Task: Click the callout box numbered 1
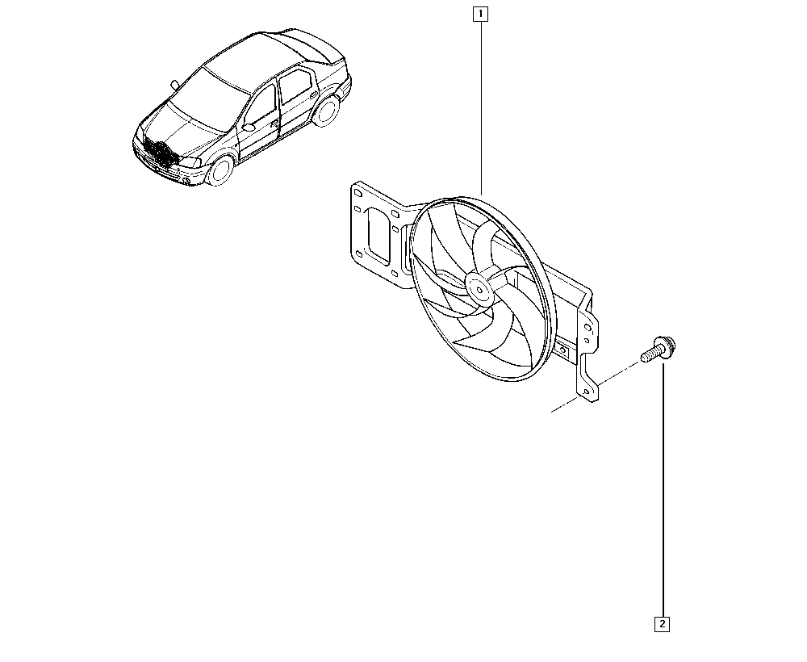[x=480, y=14]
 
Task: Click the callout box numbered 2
[x=662, y=624]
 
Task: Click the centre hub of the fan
[x=479, y=289]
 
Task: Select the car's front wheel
[x=220, y=170]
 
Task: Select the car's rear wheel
[x=326, y=111]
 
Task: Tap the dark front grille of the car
[x=160, y=153]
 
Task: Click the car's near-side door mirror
[x=249, y=127]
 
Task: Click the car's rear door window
[x=294, y=85]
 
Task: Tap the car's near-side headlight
[x=190, y=162]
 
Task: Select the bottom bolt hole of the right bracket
[x=585, y=392]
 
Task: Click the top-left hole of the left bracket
[x=357, y=192]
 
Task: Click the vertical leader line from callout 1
[x=481, y=107]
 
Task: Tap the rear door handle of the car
[x=313, y=94]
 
